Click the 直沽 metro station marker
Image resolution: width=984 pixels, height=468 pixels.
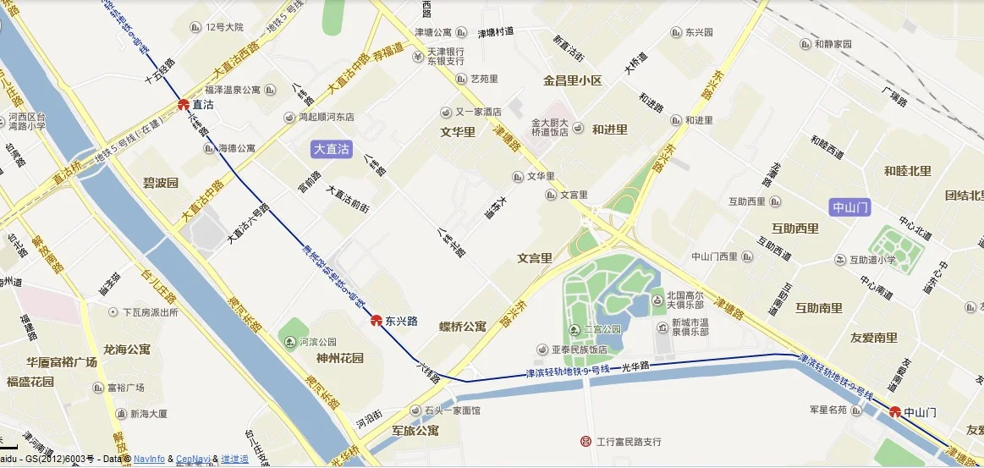(x=183, y=105)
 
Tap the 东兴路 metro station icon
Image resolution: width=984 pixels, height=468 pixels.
(x=377, y=321)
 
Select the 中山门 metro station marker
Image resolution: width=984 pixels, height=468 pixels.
(x=895, y=412)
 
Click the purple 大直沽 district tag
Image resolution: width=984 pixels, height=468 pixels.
(x=332, y=149)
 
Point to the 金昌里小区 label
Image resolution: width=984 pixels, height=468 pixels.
(x=572, y=81)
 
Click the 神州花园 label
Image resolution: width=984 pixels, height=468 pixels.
(x=316, y=358)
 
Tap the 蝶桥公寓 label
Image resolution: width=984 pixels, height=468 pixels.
(x=462, y=327)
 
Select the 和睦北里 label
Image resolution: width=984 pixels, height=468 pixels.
(x=907, y=171)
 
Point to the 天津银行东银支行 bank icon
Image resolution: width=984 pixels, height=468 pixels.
(x=418, y=57)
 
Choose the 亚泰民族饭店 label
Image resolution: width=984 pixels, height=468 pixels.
(x=580, y=350)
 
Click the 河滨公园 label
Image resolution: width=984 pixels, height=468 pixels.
(x=318, y=343)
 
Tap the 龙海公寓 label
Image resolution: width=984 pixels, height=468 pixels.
(x=126, y=349)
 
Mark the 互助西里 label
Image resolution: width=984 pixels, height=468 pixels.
(x=794, y=228)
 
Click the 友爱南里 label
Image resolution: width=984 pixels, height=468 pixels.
(x=873, y=338)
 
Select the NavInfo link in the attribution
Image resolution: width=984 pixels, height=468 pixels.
(x=148, y=459)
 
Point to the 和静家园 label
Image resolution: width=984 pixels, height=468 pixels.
(x=833, y=44)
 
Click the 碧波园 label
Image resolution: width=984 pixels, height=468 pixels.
(x=160, y=183)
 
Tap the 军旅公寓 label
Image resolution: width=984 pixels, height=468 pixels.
(x=415, y=431)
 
